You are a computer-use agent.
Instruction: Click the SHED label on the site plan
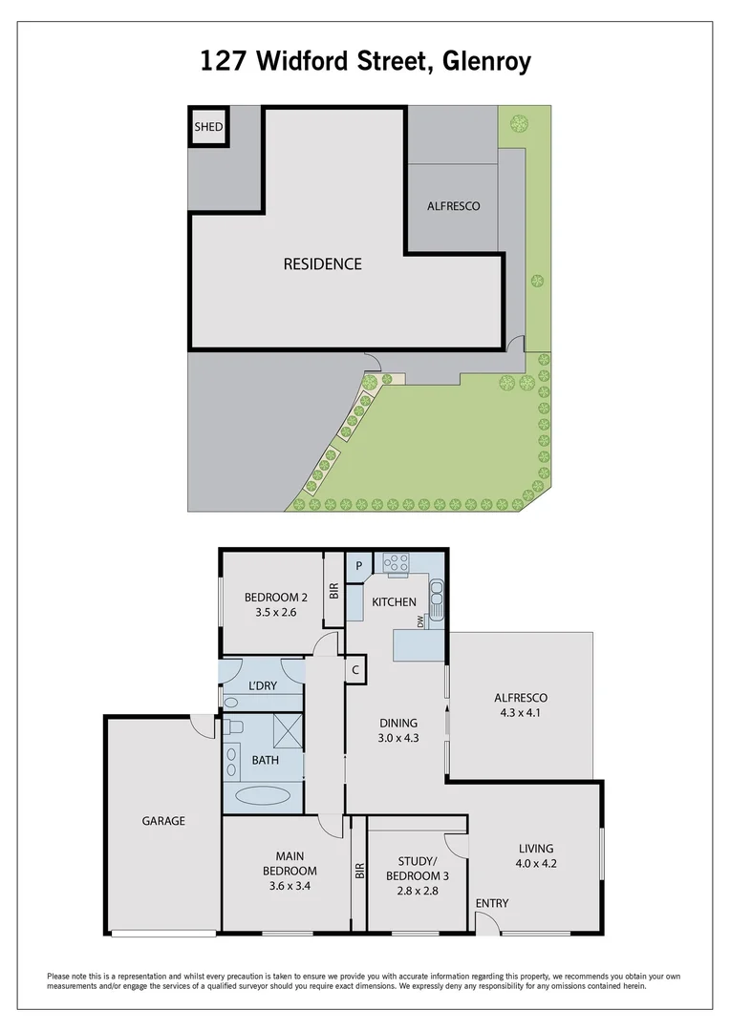coord(208,127)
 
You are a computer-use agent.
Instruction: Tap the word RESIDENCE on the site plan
coord(322,264)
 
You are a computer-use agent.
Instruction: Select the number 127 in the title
coord(221,62)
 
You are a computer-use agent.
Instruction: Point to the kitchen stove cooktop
coord(396,563)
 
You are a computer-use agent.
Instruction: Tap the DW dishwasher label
coord(420,621)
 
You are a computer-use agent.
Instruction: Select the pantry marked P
coord(358,565)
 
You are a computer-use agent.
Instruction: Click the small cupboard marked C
coord(354,669)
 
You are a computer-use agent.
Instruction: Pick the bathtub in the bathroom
coord(263,794)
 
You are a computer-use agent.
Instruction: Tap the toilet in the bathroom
coord(236,727)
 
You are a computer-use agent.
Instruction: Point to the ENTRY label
coord(492,903)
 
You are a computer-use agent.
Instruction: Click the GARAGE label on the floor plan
coord(163,821)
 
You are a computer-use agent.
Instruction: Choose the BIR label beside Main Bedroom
coord(359,872)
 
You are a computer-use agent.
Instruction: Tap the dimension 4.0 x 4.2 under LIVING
coord(535,865)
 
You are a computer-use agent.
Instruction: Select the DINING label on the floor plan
coord(398,723)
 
